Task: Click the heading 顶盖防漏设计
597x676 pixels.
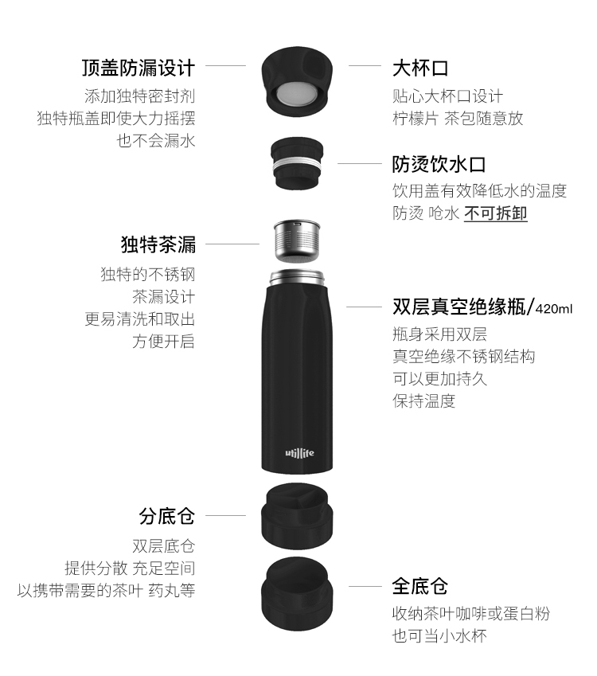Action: click(139, 68)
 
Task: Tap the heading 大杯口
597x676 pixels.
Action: click(419, 68)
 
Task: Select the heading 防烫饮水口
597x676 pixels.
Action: click(439, 164)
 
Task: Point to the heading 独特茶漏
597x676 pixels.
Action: click(158, 244)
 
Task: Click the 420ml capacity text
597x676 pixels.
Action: click(554, 309)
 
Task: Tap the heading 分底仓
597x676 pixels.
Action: click(167, 516)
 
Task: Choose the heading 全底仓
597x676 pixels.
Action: click(419, 586)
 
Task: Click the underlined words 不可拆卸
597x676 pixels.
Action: click(496, 213)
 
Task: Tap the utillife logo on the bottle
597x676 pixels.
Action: click(299, 453)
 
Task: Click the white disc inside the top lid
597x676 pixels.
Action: click(297, 93)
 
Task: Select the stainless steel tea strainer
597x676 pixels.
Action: click(297, 241)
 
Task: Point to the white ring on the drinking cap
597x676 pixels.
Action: click(297, 164)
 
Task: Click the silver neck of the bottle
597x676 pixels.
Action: click(297, 277)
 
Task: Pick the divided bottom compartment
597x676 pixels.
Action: click(297, 516)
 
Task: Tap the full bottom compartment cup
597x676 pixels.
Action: click(297, 594)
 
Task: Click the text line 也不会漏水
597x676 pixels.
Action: click(156, 141)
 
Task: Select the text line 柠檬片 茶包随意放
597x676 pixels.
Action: click(458, 118)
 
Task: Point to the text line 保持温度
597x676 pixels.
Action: click(423, 401)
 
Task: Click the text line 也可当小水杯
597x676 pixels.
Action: click(439, 636)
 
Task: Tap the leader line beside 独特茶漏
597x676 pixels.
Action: click(232, 244)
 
